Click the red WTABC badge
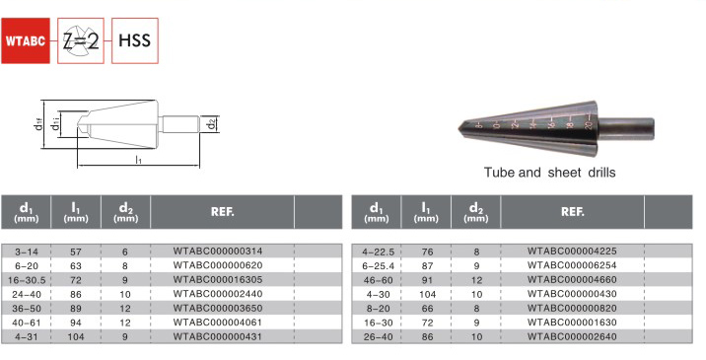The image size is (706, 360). [x=26, y=40]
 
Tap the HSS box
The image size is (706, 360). [x=135, y=40]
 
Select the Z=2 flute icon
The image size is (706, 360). [x=81, y=40]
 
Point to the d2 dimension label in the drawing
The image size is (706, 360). [x=213, y=124]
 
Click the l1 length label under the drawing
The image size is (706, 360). [x=139, y=160]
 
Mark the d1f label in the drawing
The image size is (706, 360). [x=38, y=123]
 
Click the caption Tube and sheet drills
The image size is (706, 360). [x=549, y=173]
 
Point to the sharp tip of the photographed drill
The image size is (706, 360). [x=459, y=128]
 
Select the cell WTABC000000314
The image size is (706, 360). [x=218, y=251]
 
